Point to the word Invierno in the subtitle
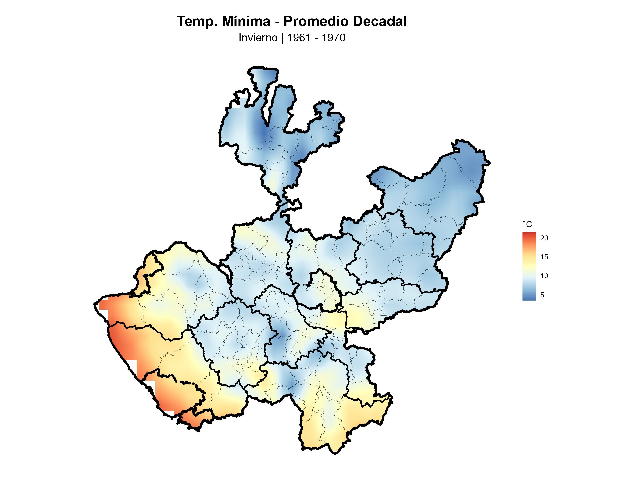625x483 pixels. pos(258,38)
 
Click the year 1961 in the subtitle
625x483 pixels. pos(298,38)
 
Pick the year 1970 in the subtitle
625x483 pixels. pos(333,38)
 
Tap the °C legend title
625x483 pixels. pos(527,224)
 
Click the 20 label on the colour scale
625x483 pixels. pos(544,238)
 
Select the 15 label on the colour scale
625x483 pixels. pos(544,257)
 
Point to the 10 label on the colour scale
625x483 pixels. pos(544,276)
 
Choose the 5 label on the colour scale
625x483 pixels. pos(542,295)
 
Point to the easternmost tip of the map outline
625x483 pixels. pos(490,163)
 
